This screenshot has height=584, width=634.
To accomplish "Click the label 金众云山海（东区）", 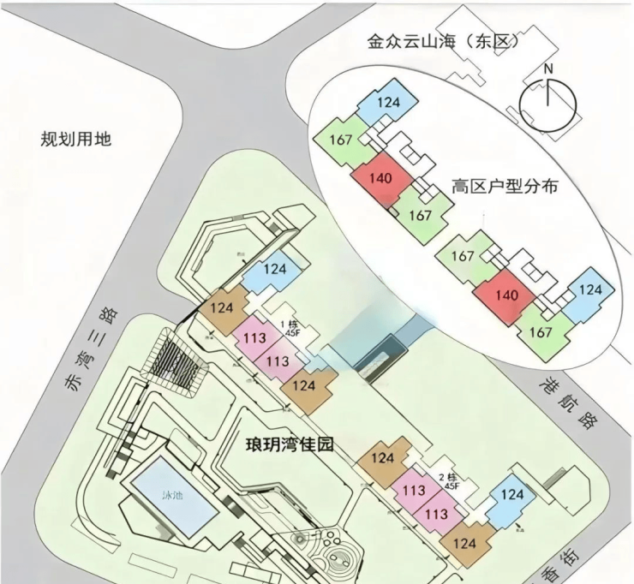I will tap(438, 41).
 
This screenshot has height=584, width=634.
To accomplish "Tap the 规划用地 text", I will tap(76, 139).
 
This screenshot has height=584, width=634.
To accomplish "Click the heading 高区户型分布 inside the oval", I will tap(505, 186).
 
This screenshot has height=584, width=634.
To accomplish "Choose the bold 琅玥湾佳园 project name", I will tap(287, 444).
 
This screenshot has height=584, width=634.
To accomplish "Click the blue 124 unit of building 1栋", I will tap(274, 270).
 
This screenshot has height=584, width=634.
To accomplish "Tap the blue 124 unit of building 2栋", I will tap(512, 495).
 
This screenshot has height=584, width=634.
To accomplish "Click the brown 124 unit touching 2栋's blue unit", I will tap(464, 542).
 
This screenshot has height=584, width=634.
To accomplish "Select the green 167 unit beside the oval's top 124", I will tap(341, 140).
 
